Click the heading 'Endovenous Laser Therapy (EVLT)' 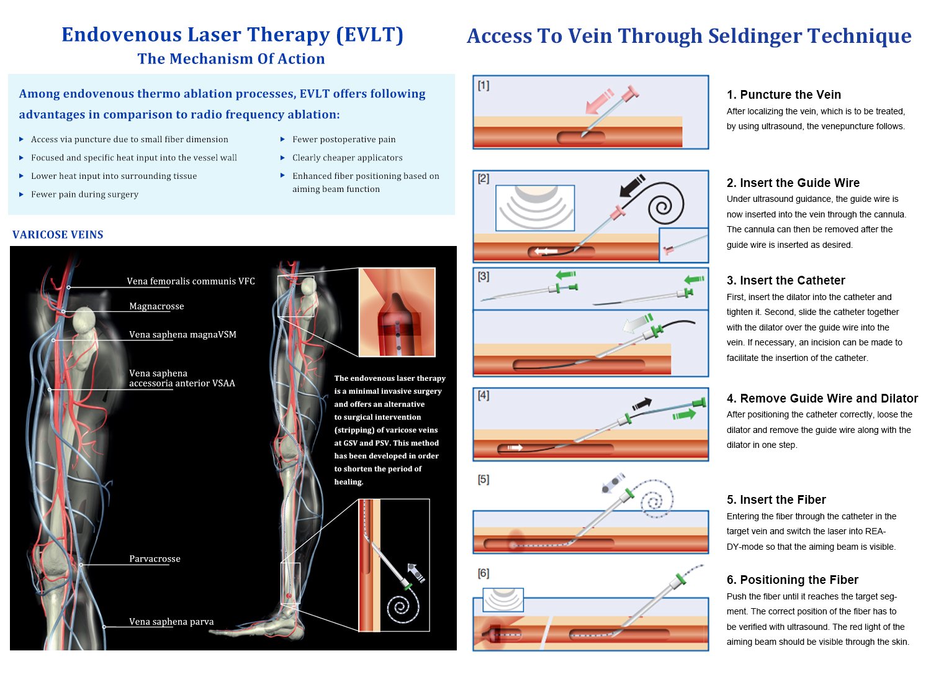(232, 35)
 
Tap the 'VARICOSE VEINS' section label (58, 235)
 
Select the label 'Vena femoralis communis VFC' (191, 281)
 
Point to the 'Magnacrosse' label (156, 306)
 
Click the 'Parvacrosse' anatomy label (155, 559)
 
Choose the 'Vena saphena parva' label (171, 622)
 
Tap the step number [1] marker (483, 86)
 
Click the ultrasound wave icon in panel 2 (535, 207)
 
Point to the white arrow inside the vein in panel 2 (546, 252)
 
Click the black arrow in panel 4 (642, 404)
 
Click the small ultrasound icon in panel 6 (503, 599)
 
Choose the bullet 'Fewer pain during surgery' (84, 194)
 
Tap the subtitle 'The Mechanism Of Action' (231, 59)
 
